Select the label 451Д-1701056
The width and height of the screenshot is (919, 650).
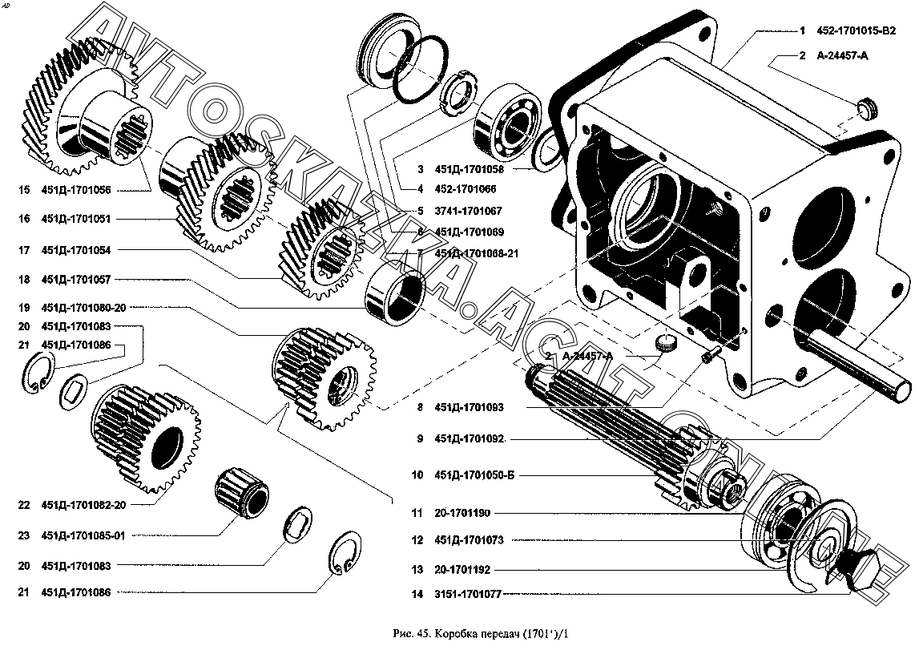click(76, 190)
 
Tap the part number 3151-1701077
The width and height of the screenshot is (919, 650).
click(470, 595)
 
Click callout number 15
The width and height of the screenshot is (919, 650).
click(24, 190)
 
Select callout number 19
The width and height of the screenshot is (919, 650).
click(24, 307)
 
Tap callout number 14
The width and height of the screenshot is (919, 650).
click(417, 595)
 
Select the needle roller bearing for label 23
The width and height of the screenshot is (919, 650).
click(241, 491)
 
